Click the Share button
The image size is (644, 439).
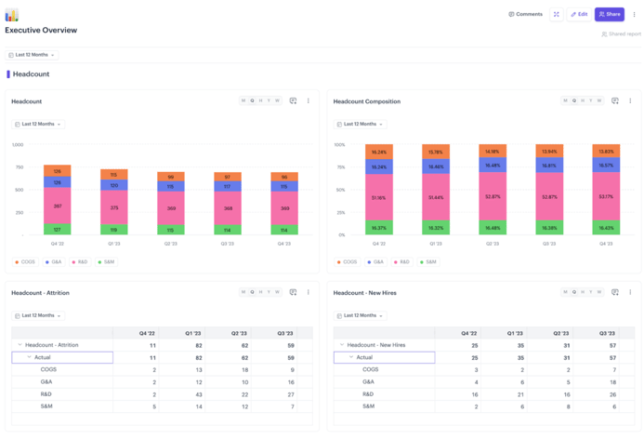click(610, 14)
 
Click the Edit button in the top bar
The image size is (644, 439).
click(579, 14)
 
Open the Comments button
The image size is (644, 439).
click(525, 14)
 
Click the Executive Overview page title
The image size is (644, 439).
click(41, 31)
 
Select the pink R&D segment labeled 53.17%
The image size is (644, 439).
click(606, 197)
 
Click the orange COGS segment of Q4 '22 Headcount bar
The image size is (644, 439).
click(57, 171)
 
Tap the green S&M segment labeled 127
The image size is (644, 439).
click(57, 229)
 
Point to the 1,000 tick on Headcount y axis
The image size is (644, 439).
click(17, 145)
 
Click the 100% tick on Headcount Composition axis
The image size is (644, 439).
click(339, 145)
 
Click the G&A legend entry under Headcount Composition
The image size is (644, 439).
click(375, 262)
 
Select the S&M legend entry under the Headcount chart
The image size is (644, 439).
click(106, 262)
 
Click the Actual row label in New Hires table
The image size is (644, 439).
click(364, 357)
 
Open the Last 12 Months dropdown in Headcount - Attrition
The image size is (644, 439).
click(38, 316)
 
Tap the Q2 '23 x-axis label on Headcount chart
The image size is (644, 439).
click(171, 244)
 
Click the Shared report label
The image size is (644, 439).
click(624, 34)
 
